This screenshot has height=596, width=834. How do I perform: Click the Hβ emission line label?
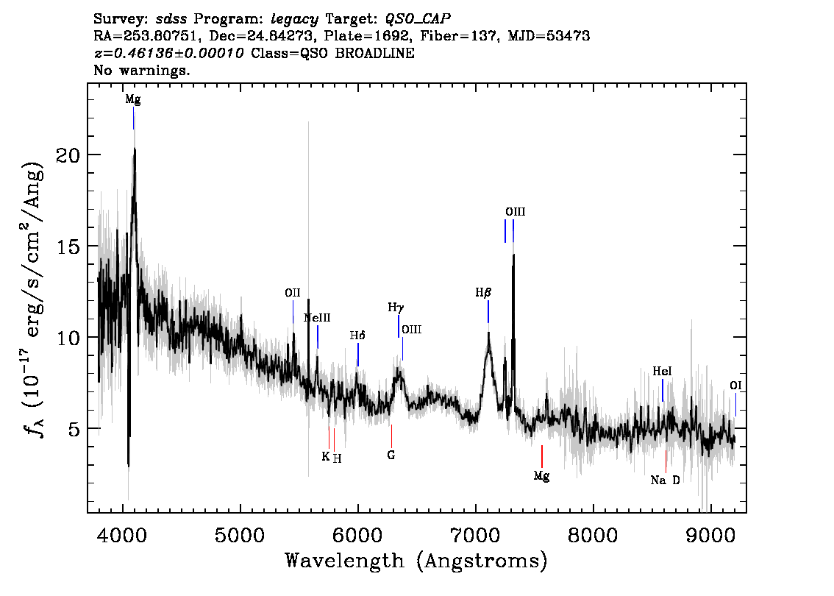(483, 293)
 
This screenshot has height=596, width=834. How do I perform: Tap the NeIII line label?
(317, 318)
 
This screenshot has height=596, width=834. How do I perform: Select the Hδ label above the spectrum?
(357, 336)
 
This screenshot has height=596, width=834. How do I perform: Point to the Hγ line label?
(396, 308)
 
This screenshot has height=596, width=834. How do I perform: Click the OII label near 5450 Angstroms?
(293, 293)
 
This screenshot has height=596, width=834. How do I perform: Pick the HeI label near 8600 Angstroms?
(662, 372)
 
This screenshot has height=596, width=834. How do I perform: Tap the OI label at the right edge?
(735, 386)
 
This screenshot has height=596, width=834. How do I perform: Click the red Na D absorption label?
(665, 480)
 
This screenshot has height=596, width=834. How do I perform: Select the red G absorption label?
(391, 455)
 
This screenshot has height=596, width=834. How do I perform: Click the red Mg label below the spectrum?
(541, 476)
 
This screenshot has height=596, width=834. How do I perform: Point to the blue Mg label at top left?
(133, 99)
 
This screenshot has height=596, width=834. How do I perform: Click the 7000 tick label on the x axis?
(475, 535)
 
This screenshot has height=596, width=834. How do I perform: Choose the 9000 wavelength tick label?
(710, 535)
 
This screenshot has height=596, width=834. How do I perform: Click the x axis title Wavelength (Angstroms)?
(416, 561)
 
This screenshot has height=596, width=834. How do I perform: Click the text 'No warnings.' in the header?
(141, 70)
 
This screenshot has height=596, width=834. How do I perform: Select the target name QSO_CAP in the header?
(418, 19)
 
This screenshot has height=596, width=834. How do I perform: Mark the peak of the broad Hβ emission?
(488, 333)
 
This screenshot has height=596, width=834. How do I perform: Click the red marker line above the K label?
(329, 437)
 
